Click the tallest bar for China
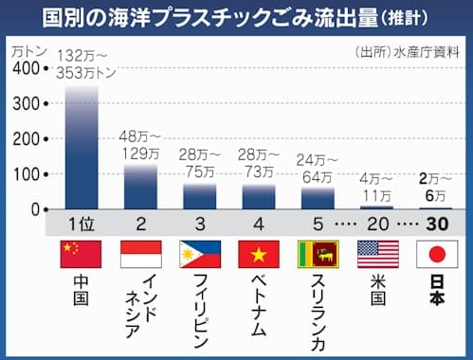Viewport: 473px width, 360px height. [82, 147]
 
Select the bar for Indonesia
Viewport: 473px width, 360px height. [140, 187]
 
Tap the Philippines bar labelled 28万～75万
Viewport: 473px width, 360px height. [200, 196]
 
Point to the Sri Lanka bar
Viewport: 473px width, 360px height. [318, 198]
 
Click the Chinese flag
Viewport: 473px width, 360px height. [81, 254]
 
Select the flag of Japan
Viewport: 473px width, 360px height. [437, 254]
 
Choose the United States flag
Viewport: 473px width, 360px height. [378, 254]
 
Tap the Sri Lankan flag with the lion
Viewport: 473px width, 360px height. [318, 254]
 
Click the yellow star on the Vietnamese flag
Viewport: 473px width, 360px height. [259, 254]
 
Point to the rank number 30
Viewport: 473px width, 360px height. [437, 224]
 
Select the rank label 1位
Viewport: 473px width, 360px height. [82, 225]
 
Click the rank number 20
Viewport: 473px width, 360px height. [378, 224]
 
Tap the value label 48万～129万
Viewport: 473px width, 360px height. [140, 145]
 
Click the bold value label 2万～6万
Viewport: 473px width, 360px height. [436, 188]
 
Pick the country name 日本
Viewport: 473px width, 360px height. [437, 290]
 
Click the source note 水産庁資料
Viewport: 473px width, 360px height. [427, 52]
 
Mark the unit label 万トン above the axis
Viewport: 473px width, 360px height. [29, 52]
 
